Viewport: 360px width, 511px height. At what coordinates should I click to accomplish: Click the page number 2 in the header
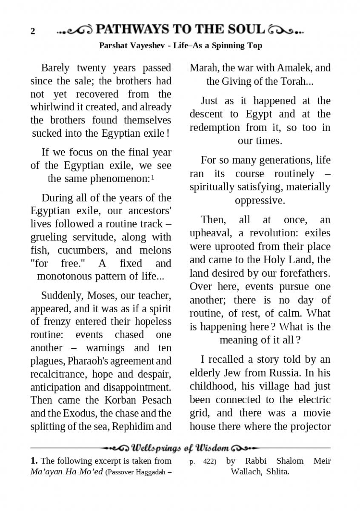[33, 32]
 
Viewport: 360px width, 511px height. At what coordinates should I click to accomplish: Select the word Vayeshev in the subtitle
[149, 45]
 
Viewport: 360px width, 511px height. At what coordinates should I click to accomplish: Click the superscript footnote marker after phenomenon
[152, 178]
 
